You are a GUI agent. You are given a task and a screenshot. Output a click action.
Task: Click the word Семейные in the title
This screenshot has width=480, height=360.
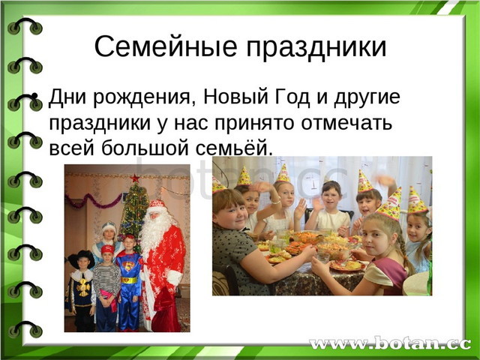(x=166, y=46)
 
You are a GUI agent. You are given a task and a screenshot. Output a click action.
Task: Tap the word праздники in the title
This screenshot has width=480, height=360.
(x=316, y=49)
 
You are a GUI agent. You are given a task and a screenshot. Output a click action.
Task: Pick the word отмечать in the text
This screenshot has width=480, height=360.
(x=346, y=123)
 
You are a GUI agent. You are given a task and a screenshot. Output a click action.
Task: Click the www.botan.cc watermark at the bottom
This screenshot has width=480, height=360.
(x=390, y=343)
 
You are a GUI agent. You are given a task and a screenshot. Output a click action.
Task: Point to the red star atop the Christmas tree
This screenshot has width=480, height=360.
(x=134, y=178)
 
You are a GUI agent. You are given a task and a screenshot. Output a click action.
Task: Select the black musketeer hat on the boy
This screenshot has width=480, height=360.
(x=82, y=258)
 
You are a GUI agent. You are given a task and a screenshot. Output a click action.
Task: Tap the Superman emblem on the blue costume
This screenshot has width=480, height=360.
(x=128, y=266)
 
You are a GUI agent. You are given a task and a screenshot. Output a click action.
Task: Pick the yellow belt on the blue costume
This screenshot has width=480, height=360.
(x=130, y=280)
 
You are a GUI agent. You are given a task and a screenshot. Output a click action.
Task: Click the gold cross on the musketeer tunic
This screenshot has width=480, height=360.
(x=83, y=287)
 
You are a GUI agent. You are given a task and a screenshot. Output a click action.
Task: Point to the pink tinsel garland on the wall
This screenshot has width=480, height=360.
(x=93, y=200)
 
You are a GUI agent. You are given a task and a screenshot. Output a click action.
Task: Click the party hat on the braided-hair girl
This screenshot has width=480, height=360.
(x=390, y=204)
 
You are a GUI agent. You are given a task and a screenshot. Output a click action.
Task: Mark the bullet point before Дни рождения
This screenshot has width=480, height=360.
(x=34, y=96)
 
